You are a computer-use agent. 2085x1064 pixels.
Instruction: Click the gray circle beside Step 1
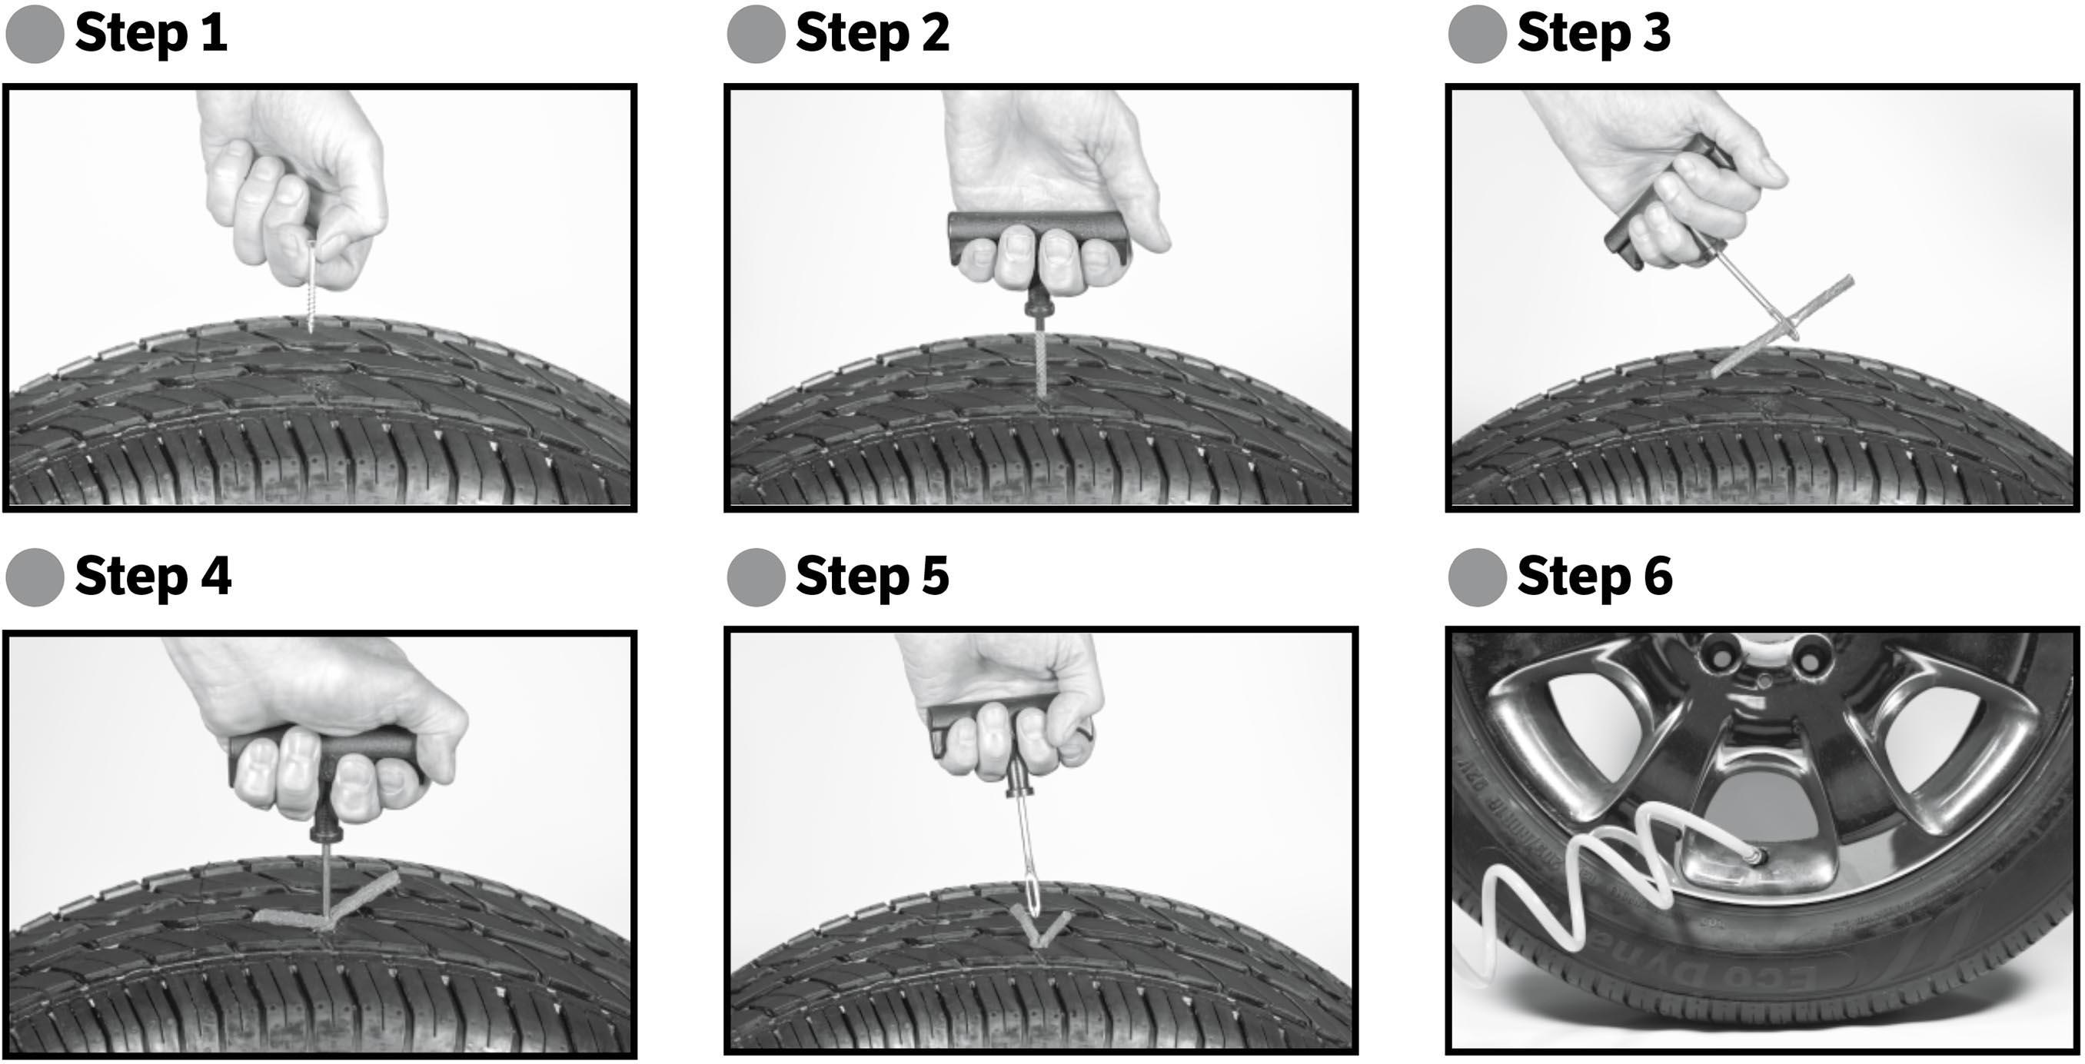pos(35,34)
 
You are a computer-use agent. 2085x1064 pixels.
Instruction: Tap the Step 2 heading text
pos(872,34)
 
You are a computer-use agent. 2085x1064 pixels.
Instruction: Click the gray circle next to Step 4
pos(35,577)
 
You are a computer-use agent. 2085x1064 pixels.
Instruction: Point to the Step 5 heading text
pos(872,577)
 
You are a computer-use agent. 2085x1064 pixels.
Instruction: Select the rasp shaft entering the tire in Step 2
pos(1039,364)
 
